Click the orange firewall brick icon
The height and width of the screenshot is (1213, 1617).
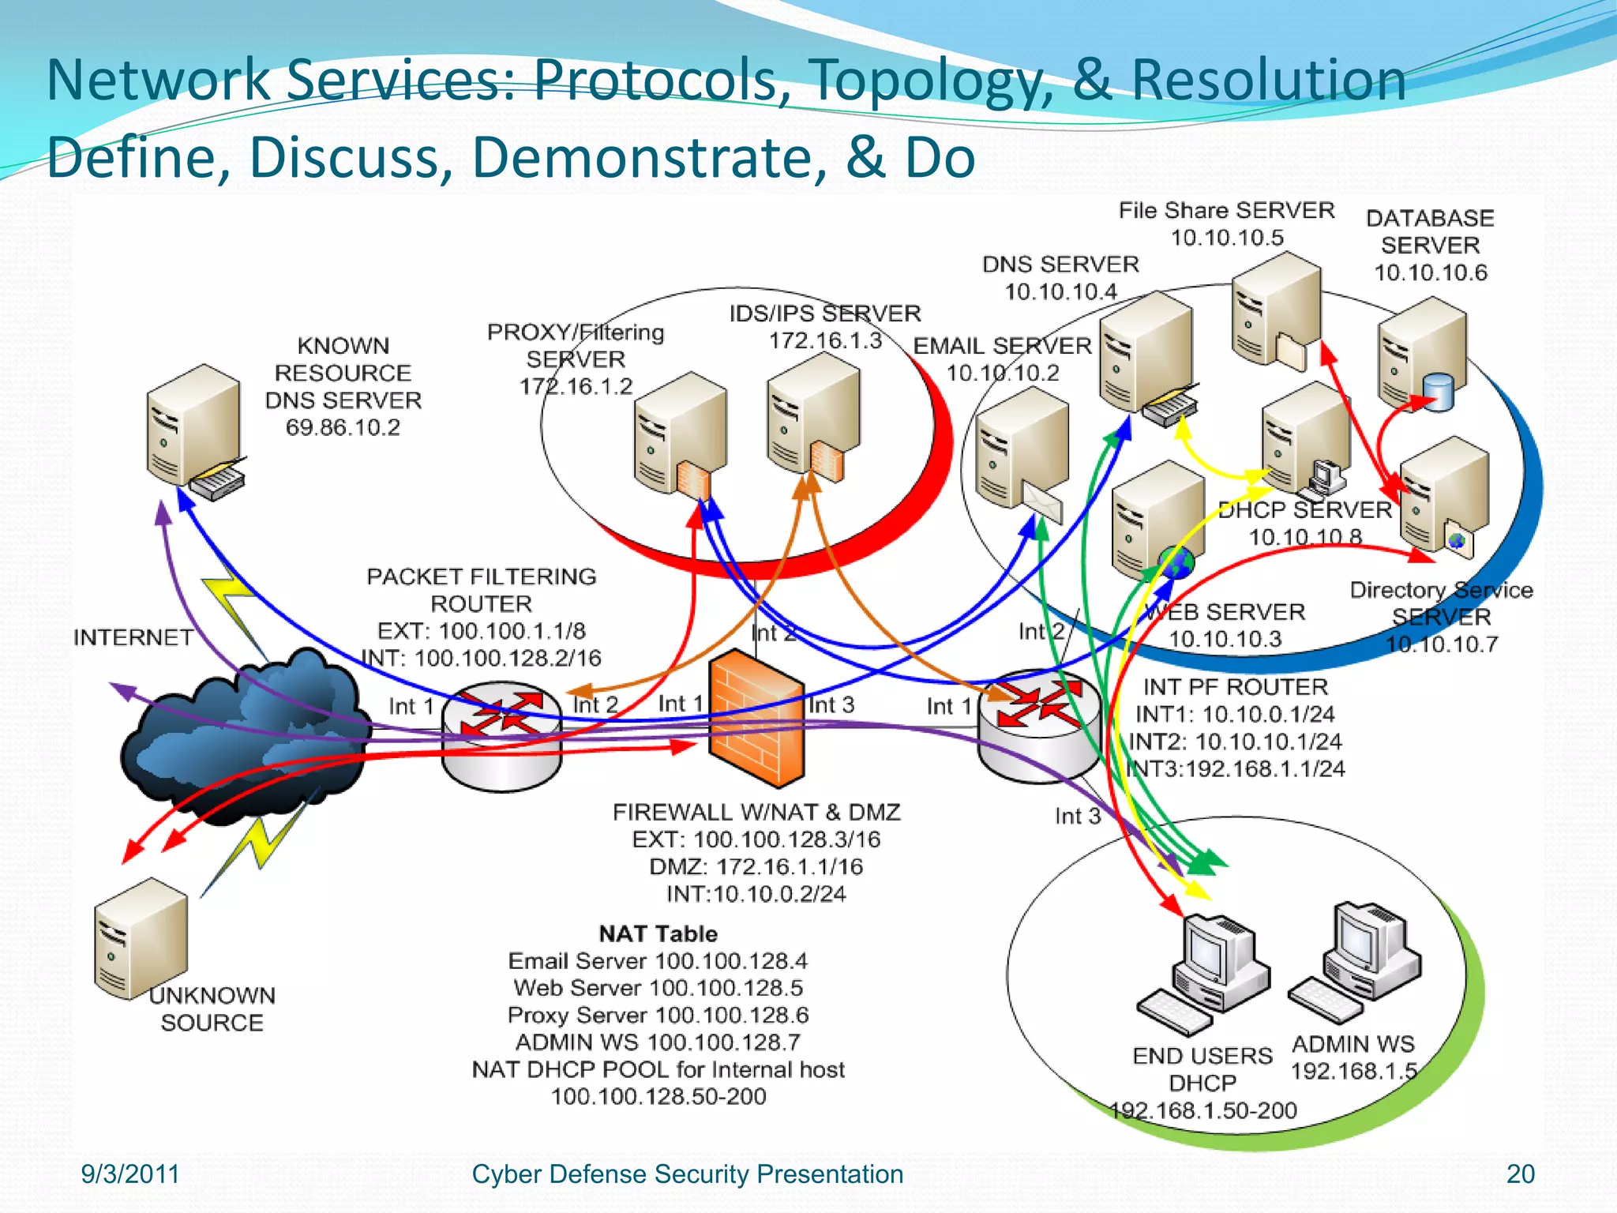pyautogui.click(x=756, y=719)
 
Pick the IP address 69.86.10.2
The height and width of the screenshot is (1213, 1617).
pyautogui.click(x=343, y=428)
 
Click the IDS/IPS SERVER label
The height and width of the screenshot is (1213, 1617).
pyautogui.click(x=825, y=314)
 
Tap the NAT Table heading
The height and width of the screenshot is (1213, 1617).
pyautogui.click(x=658, y=933)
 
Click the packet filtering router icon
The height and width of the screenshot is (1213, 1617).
pyautogui.click(x=502, y=734)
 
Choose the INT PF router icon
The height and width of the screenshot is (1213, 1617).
pyautogui.click(x=1039, y=727)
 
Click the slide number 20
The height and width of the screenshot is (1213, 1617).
pyautogui.click(x=1520, y=1174)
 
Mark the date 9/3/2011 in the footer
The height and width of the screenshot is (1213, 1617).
pyautogui.click(x=130, y=1174)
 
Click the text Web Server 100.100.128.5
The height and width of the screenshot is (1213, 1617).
pyautogui.click(x=658, y=988)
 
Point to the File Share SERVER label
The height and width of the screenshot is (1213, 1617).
pyautogui.click(x=1226, y=211)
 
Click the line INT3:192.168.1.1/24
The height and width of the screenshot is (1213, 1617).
pyautogui.click(x=1236, y=768)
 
